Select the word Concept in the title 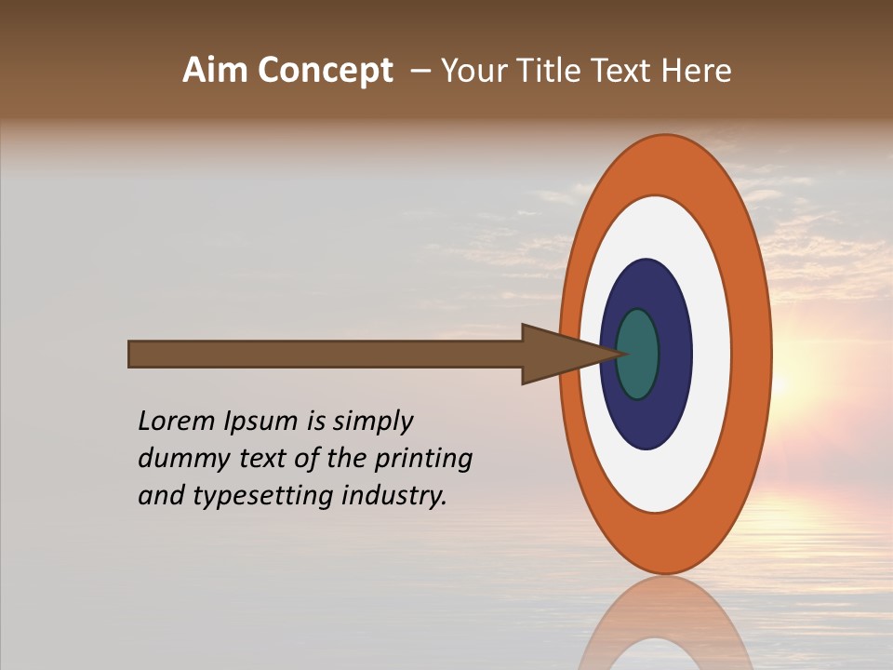coord(325,71)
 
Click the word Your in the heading coord(473,71)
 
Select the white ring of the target coord(712,354)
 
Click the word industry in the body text coord(394,497)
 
